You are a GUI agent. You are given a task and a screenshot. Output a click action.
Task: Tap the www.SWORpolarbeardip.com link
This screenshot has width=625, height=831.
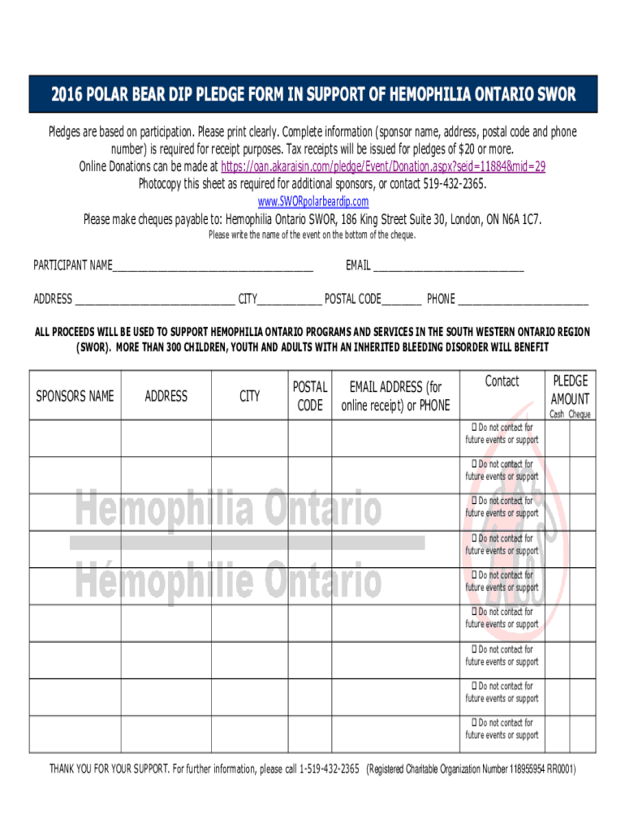pos(312,201)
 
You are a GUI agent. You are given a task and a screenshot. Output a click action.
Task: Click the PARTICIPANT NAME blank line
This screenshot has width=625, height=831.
pos(213,267)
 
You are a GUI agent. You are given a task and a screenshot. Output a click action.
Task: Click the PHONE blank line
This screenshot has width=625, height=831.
pos(523,300)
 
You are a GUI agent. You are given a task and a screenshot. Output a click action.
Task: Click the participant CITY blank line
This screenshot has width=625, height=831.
pos(289,300)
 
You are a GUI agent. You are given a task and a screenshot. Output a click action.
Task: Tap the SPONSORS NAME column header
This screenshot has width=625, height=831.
pos(75,396)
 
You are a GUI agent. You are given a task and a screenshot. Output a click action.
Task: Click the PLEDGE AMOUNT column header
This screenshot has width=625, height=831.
pos(570,390)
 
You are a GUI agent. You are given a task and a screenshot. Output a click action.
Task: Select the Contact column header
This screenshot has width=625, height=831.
pos(502,381)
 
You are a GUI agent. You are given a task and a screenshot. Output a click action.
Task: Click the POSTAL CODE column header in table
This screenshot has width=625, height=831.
pos(309,396)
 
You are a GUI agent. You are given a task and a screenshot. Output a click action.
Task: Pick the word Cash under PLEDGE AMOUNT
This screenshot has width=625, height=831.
pos(557,415)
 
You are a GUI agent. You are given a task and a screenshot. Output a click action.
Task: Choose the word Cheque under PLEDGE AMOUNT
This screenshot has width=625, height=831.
pos(580,415)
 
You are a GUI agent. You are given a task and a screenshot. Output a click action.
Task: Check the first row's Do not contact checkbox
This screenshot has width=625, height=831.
pos(473,427)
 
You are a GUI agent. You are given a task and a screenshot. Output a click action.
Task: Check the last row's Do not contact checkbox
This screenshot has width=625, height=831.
pos(473,723)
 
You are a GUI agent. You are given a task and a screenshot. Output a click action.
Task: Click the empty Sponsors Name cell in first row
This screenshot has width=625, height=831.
pos(75,438)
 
